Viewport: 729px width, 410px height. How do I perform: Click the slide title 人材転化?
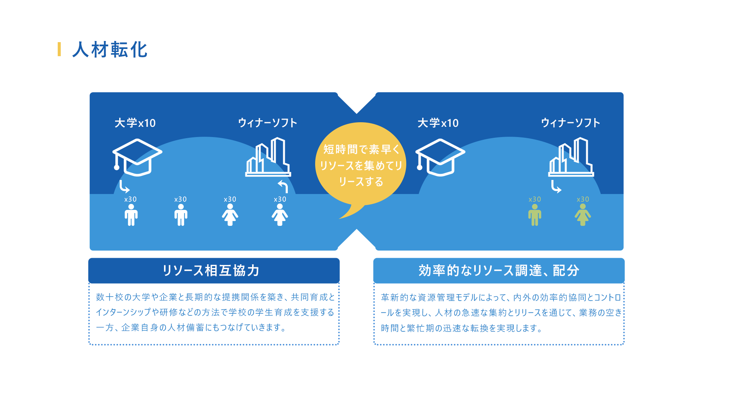tap(110, 50)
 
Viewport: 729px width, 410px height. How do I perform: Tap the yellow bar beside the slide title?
tap(59, 49)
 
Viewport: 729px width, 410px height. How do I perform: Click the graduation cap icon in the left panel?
tap(137, 157)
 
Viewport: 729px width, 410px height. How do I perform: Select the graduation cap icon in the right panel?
tap(440, 157)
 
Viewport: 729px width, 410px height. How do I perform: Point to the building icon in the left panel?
tap(268, 157)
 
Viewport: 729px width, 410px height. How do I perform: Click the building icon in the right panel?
tap(571, 157)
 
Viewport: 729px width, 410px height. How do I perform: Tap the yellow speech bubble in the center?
tap(360, 165)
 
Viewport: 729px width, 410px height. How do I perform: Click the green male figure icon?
tap(535, 215)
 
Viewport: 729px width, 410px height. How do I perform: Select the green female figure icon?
tap(583, 215)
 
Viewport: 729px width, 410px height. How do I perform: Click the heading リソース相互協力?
tap(211, 271)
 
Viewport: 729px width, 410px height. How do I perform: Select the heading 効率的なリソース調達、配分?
tap(499, 271)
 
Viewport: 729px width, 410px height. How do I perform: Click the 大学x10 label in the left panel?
tap(135, 123)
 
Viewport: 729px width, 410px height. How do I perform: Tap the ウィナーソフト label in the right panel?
tap(571, 123)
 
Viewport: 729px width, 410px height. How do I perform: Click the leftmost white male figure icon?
tap(131, 215)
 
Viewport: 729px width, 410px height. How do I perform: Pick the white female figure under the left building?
tap(280, 215)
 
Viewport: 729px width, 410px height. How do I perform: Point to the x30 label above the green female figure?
tap(583, 199)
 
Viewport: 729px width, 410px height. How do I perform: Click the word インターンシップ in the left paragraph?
tap(123, 312)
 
